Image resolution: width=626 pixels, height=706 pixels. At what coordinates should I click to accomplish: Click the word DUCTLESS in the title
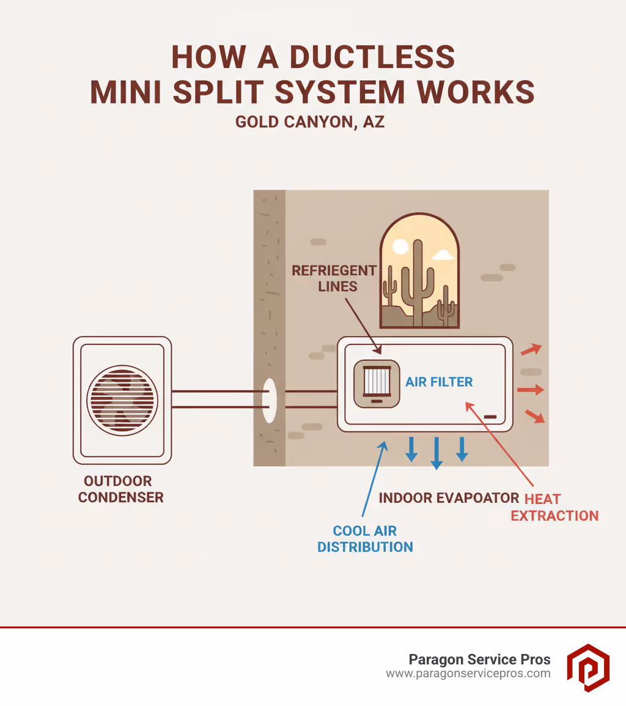click(x=372, y=58)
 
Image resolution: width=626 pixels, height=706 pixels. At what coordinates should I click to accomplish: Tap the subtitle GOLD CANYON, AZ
click(x=310, y=122)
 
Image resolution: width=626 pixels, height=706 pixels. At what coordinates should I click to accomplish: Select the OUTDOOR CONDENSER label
click(x=121, y=489)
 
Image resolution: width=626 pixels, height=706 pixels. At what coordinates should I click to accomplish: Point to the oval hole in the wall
click(x=269, y=400)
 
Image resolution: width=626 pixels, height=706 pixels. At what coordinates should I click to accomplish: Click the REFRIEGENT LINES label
click(x=334, y=278)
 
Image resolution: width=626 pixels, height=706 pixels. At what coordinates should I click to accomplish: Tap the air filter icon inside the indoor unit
click(x=377, y=384)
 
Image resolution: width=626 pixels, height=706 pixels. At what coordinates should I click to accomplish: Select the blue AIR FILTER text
click(x=439, y=382)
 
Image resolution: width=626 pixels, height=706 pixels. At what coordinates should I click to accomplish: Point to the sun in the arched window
click(x=400, y=247)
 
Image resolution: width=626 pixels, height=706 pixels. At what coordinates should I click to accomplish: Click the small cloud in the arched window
click(x=443, y=254)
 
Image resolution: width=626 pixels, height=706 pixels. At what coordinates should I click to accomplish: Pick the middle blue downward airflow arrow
click(x=436, y=453)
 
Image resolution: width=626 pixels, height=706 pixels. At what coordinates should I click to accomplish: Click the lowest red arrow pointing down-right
click(x=534, y=417)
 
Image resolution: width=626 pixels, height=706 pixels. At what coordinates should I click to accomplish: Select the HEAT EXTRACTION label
click(x=554, y=507)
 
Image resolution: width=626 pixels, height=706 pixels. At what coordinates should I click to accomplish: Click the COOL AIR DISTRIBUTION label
click(x=365, y=538)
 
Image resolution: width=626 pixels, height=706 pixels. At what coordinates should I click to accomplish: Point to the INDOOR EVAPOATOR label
click(x=449, y=497)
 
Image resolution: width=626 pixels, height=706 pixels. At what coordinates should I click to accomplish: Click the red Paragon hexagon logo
click(x=587, y=667)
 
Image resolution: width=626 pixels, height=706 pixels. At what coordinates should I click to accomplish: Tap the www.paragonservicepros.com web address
click(x=468, y=674)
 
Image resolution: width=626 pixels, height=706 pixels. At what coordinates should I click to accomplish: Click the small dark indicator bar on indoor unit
click(x=490, y=417)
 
